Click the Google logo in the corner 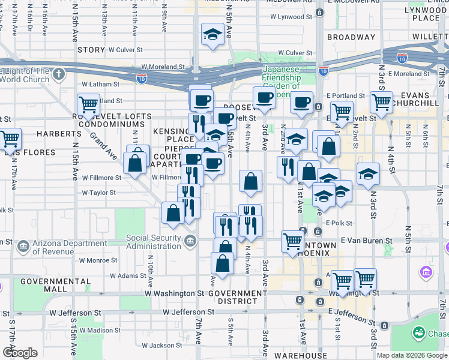click(20, 353)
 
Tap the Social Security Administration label click(154, 242)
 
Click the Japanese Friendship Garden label click(282, 77)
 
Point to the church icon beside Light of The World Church click(58, 74)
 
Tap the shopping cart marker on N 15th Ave click(88, 105)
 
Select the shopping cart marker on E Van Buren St click(292, 241)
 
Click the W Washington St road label click(174, 294)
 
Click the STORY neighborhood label click(91, 50)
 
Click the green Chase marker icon click(418, 332)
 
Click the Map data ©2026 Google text click(412, 355)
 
